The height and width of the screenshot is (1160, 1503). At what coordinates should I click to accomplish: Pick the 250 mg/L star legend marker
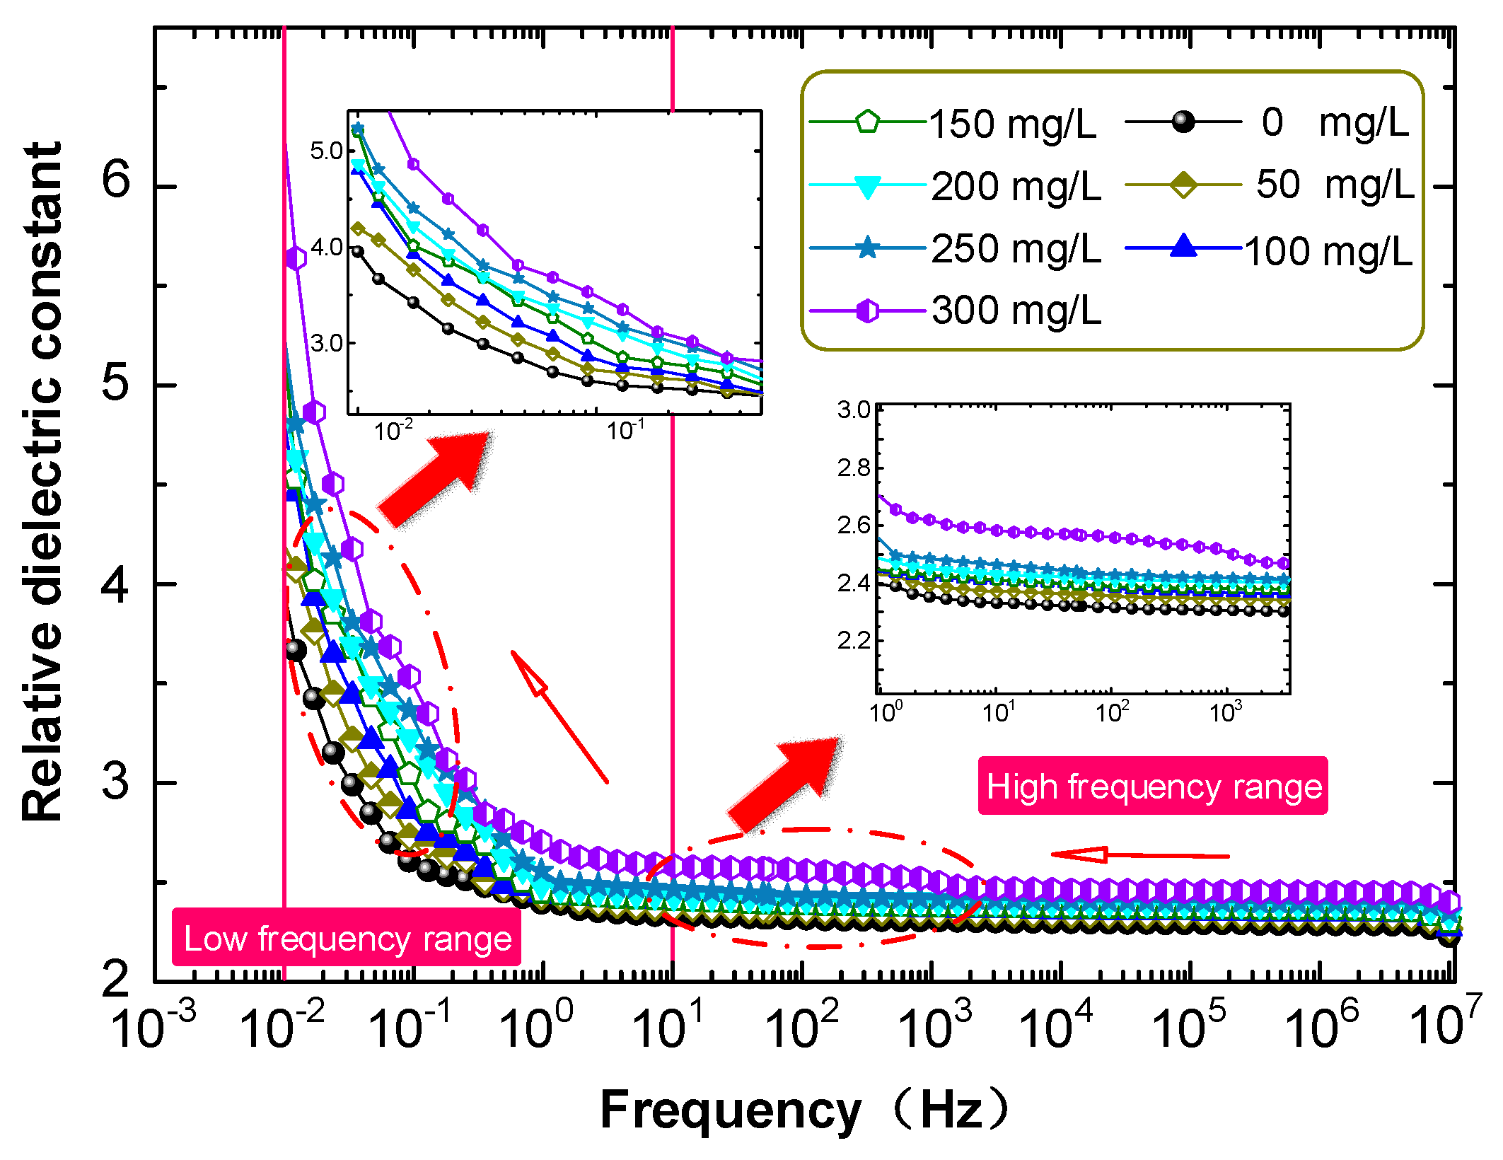867,248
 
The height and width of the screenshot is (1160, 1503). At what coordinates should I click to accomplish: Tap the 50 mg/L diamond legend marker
1183,185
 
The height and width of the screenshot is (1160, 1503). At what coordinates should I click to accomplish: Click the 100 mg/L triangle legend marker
1183,248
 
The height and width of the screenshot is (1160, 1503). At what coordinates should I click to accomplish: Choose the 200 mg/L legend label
1016,187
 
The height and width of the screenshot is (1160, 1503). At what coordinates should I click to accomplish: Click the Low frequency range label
347,938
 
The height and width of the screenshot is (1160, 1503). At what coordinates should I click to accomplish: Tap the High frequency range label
1154,786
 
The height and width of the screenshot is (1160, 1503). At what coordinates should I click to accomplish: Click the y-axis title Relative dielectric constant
42,481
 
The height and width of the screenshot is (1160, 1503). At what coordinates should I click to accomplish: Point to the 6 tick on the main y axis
117,180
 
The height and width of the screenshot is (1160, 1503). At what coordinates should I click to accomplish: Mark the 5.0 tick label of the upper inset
326,150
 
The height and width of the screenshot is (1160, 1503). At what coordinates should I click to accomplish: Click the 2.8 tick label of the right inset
853,468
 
